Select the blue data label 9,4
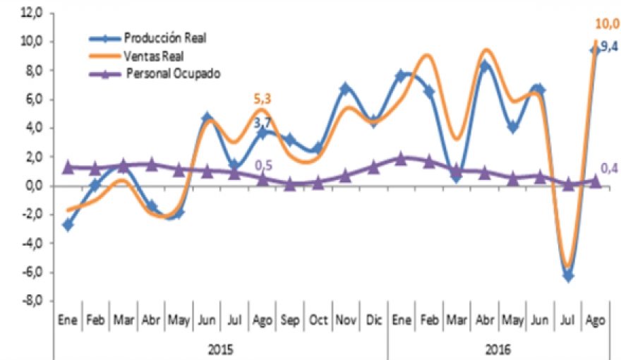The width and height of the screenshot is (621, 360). pos(609,47)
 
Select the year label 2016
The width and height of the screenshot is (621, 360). pos(498,349)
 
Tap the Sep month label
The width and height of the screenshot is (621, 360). pos(289,320)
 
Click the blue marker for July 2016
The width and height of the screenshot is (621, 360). pos(568,276)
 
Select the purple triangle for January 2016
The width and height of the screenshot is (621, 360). pos(401,158)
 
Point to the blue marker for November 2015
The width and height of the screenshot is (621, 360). pos(345,89)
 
